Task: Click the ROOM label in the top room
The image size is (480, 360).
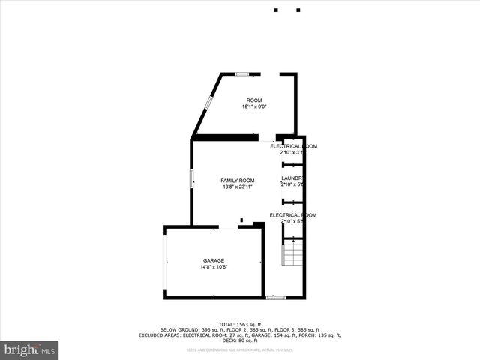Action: [x=255, y=100]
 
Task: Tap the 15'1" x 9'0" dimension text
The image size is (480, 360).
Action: [x=255, y=106]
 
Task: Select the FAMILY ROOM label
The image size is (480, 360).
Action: [x=237, y=181]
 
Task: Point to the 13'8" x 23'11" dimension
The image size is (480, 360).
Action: [x=237, y=187]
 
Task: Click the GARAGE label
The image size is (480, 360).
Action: [x=213, y=260]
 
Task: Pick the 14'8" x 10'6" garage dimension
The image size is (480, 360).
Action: [x=213, y=267]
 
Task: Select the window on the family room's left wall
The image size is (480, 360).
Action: [x=191, y=179]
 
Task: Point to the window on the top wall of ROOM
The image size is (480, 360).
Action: [x=242, y=73]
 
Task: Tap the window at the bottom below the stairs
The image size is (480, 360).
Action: [x=275, y=298]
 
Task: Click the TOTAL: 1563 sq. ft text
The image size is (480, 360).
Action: [x=240, y=323]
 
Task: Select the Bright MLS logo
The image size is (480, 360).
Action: [x=30, y=350]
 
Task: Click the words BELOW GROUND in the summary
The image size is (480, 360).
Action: [x=178, y=329]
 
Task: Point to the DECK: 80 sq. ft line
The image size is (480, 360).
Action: [x=240, y=341]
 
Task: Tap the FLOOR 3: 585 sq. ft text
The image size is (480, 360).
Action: [x=297, y=329]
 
